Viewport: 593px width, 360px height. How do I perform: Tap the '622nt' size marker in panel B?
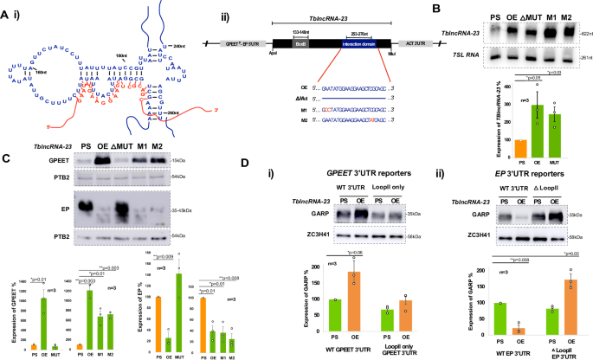581,33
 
